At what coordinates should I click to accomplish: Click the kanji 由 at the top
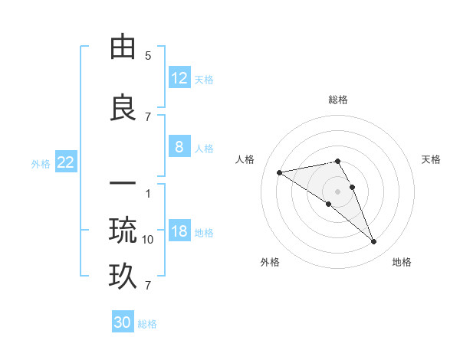pos(123,48)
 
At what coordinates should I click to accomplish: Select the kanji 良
pos(123,108)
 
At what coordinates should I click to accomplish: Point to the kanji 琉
pos(123,230)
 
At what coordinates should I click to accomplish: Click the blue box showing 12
pos(179,78)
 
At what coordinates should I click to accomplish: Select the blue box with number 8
pos(179,147)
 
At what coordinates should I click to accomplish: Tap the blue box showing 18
pos(179,232)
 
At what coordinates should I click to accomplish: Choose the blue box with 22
pos(66,162)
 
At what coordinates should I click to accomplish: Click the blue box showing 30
pos(123,322)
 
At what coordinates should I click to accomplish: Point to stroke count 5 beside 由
pos(148,56)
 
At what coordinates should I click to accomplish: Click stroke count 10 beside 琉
pos(148,240)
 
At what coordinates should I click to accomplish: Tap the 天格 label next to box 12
pos(204,79)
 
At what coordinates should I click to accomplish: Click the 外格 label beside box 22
pos(41,163)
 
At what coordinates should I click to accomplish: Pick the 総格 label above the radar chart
pos(338,100)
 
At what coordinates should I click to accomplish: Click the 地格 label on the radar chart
pos(402,262)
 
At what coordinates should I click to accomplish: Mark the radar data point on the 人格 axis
pos(280,172)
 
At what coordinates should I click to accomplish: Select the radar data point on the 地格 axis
pos(374,242)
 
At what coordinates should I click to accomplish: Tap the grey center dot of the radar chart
pos(338,191)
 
